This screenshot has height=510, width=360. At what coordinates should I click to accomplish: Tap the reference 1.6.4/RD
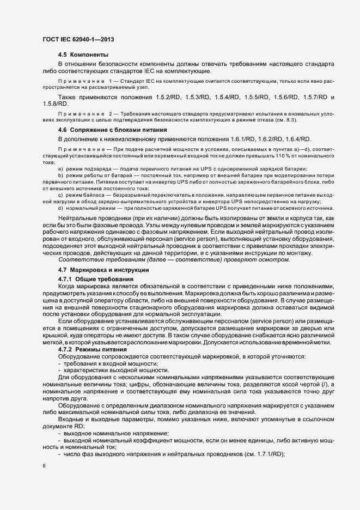(297, 139)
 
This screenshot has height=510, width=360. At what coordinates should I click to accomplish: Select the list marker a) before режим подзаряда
(60, 169)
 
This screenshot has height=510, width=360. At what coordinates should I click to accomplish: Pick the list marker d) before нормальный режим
(60, 208)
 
